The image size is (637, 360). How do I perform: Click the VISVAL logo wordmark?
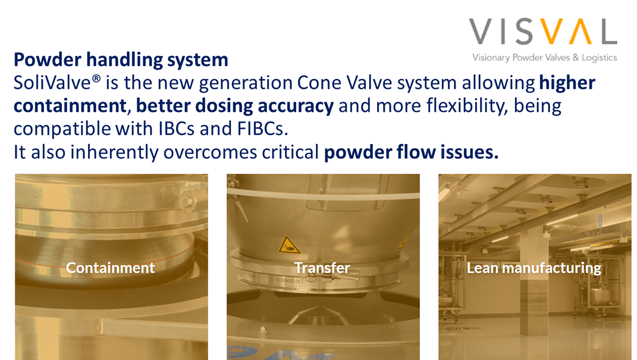(x=543, y=32)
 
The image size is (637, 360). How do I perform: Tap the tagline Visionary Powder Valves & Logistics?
(x=544, y=57)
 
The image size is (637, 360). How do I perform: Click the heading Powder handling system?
(x=121, y=60)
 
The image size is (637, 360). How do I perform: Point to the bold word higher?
(x=567, y=83)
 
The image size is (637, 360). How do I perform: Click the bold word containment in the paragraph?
(x=70, y=106)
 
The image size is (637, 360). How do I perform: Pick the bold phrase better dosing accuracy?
(x=235, y=106)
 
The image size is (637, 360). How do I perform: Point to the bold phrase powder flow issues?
(x=411, y=152)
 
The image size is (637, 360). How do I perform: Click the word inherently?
(x=114, y=152)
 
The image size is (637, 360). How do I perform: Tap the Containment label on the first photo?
(x=111, y=268)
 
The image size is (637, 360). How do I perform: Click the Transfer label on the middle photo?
(x=322, y=268)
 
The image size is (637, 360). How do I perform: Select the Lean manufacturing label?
(x=534, y=268)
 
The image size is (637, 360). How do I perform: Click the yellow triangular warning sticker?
(x=288, y=245)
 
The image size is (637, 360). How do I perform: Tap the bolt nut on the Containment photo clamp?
(x=187, y=201)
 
